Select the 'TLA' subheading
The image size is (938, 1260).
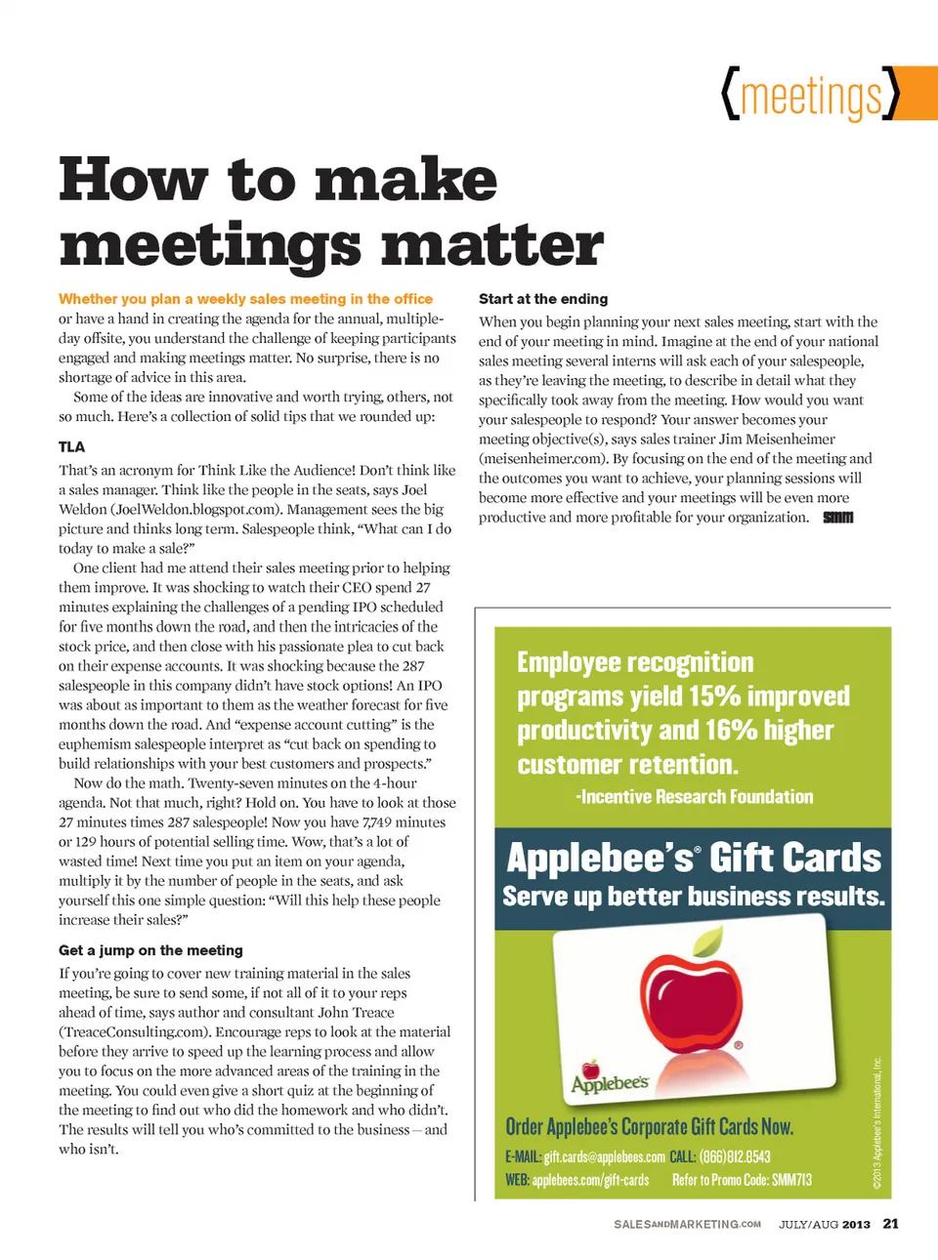71,446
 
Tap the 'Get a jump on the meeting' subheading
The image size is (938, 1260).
150,950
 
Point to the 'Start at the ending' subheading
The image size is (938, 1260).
543,299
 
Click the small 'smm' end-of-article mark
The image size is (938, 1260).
837,518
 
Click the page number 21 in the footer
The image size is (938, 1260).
890,1224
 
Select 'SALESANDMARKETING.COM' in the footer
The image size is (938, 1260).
687,1225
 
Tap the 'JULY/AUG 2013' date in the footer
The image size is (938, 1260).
824,1225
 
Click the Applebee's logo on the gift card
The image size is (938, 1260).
610,1080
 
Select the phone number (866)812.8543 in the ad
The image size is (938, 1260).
735,1157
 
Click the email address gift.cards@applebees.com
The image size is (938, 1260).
604,1157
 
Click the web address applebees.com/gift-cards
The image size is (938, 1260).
590,1180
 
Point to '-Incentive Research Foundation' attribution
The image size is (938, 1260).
694,797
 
